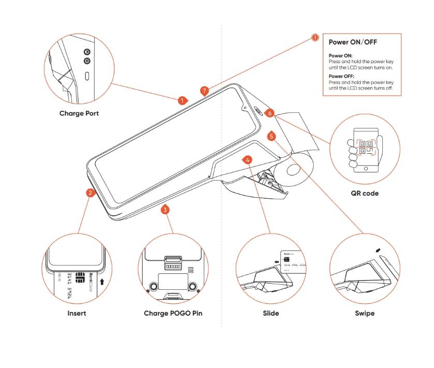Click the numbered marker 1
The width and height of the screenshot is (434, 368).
coord(182,100)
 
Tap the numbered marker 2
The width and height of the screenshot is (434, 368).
coord(91,193)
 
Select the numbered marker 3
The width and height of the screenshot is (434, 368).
coord(165,210)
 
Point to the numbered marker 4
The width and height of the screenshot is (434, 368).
coord(248,160)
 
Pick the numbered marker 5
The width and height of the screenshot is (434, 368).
coord(272,136)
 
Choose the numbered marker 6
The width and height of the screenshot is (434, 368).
coord(269,112)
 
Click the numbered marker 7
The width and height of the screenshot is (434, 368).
coord(205,91)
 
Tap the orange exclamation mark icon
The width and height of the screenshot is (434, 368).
coord(315,37)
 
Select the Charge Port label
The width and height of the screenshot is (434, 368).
coord(79,113)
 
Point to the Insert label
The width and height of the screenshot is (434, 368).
coord(77,313)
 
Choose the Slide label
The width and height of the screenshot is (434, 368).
coord(271,313)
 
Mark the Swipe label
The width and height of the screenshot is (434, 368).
coord(365,313)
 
